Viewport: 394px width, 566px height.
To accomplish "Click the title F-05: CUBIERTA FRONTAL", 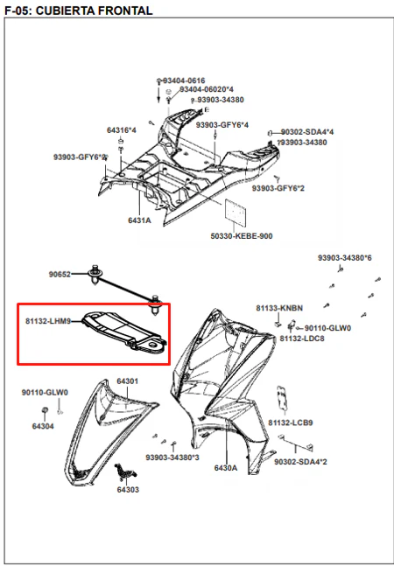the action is tap(79, 10).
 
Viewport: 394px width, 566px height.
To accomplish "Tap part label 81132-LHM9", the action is tap(48, 321).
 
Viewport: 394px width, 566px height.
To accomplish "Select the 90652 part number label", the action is tap(60, 275).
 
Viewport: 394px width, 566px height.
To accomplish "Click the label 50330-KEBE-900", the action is tap(242, 236).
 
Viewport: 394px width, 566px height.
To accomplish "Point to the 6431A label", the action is tap(139, 220).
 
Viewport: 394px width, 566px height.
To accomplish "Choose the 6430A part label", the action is tap(226, 468).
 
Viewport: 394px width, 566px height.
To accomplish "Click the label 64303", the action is tap(128, 490).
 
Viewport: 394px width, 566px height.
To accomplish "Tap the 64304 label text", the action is tap(43, 426).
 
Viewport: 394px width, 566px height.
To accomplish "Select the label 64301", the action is tap(128, 381).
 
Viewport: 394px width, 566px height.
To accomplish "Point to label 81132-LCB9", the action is tap(291, 423).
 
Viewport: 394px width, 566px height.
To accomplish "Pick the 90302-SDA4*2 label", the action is tap(300, 462).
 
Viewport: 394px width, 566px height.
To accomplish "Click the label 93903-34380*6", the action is tap(344, 258).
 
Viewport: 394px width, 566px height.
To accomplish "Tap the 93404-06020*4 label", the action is tap(207, 89).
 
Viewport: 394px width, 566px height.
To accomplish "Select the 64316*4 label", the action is tap(122, 130).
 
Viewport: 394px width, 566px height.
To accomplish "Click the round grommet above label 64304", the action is tap(46, 410).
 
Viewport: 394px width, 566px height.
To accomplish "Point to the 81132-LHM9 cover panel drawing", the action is tap(123, 331).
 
